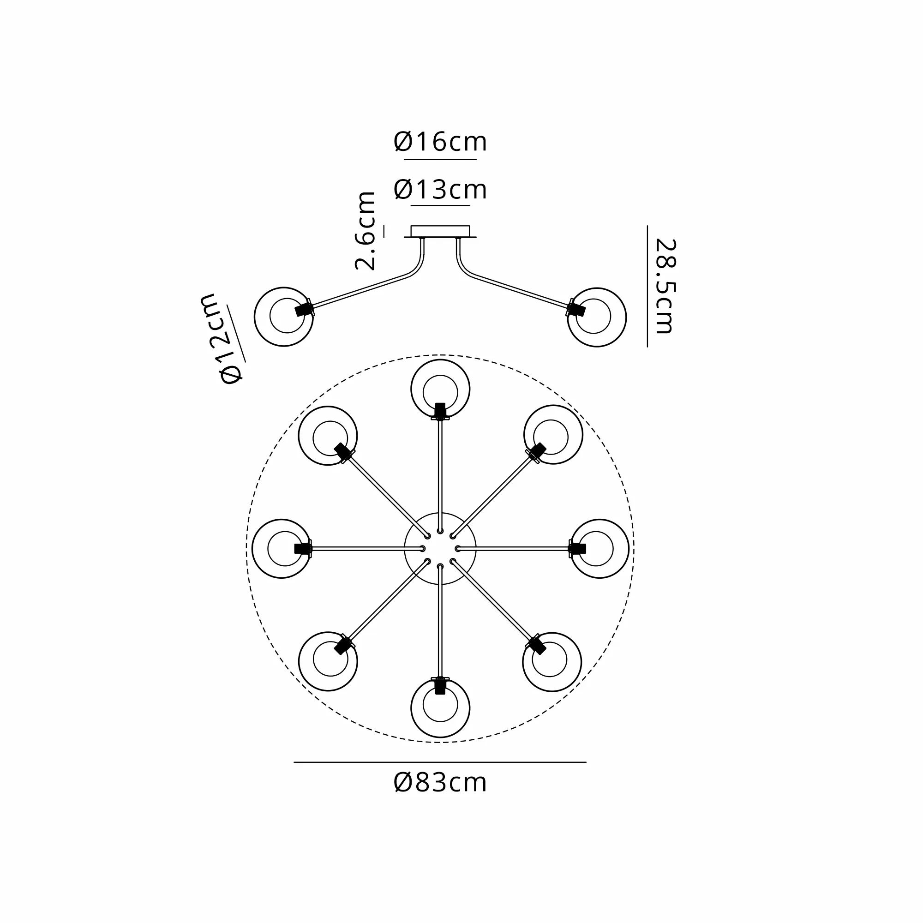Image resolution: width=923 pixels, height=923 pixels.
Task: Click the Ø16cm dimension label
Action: coord(440,142)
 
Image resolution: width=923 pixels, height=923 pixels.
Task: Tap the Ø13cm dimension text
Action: coord(440,190)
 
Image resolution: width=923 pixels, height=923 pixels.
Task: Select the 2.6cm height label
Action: coord(366,231)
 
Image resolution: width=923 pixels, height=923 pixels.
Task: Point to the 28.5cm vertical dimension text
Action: coord(665,286)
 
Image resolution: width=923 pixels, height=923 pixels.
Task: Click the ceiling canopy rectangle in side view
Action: coord(440,231)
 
